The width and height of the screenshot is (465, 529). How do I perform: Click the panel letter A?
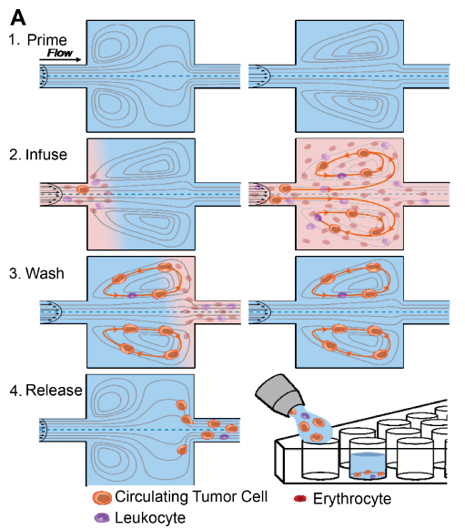(15, 13)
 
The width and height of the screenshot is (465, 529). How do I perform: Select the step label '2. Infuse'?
(37, 154)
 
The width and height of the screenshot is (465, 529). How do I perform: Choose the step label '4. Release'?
(44, 392)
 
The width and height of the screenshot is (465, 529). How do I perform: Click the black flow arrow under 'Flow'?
(62, 61)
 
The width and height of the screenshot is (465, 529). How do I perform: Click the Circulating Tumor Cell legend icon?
(103, 498)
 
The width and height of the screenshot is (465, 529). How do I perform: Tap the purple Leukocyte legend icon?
(103, 517)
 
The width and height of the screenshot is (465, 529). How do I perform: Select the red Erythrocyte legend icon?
(299, 498)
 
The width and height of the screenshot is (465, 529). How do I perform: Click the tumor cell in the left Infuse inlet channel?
(82, 189)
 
